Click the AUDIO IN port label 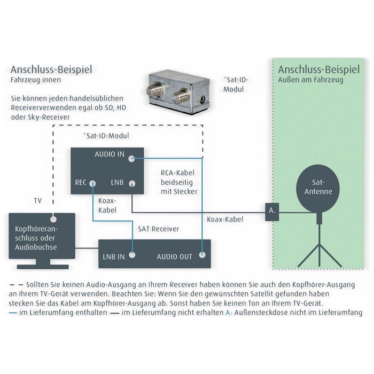tap(109, 155)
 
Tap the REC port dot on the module tap(92, 183)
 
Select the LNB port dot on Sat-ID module tap(131, 183)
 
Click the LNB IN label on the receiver tap(113, 256)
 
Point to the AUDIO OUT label tap(174, 256)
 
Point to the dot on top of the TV tap(52, 218)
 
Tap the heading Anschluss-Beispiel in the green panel tap(318, 70)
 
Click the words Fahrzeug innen tap(36, 80)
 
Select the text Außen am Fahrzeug tap(311, 80)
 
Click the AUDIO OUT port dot tap(202, 255)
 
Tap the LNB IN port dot tap(134, 255)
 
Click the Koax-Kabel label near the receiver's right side tap(224, 220)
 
